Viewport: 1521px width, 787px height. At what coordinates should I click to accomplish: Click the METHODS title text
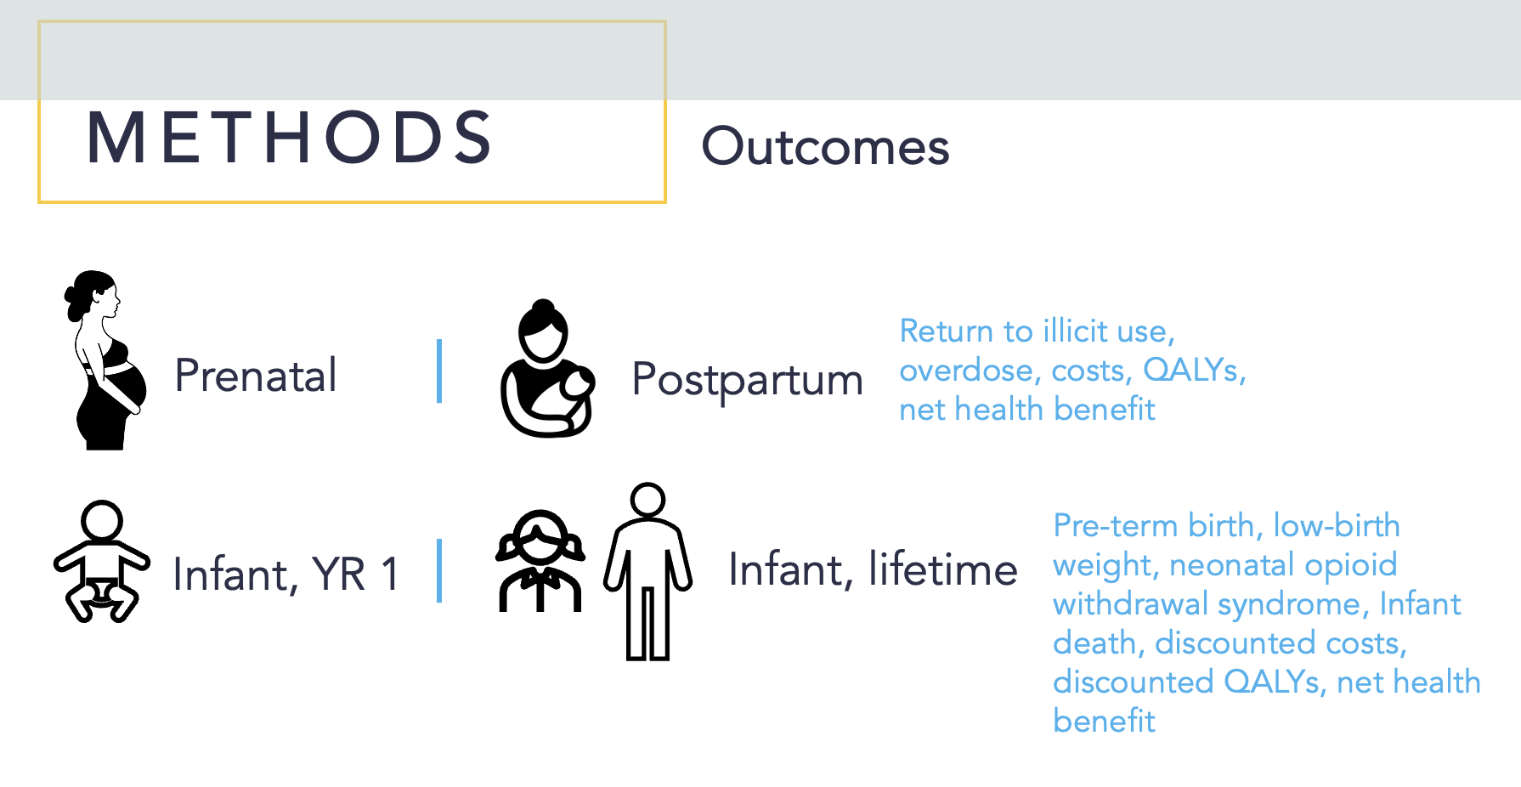289,137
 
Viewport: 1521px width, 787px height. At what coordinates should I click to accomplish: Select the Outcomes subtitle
825,146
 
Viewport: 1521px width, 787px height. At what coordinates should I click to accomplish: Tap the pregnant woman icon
105,360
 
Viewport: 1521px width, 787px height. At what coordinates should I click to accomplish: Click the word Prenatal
256,375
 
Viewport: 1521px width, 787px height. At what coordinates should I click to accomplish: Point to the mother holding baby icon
547,369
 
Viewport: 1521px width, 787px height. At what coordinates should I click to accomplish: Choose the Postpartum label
748,379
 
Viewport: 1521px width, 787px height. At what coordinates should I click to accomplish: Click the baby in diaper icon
101,561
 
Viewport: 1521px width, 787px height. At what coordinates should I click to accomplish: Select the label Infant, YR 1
286,574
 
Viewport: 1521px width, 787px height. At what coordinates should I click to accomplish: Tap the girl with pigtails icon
541,560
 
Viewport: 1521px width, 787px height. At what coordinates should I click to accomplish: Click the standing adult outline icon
647,571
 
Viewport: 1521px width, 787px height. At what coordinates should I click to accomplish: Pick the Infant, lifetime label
874,569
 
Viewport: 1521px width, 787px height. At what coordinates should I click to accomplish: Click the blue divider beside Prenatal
439,371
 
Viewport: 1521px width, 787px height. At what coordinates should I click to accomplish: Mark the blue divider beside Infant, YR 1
439,570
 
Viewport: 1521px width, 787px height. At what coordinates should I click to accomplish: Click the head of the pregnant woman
95,293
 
